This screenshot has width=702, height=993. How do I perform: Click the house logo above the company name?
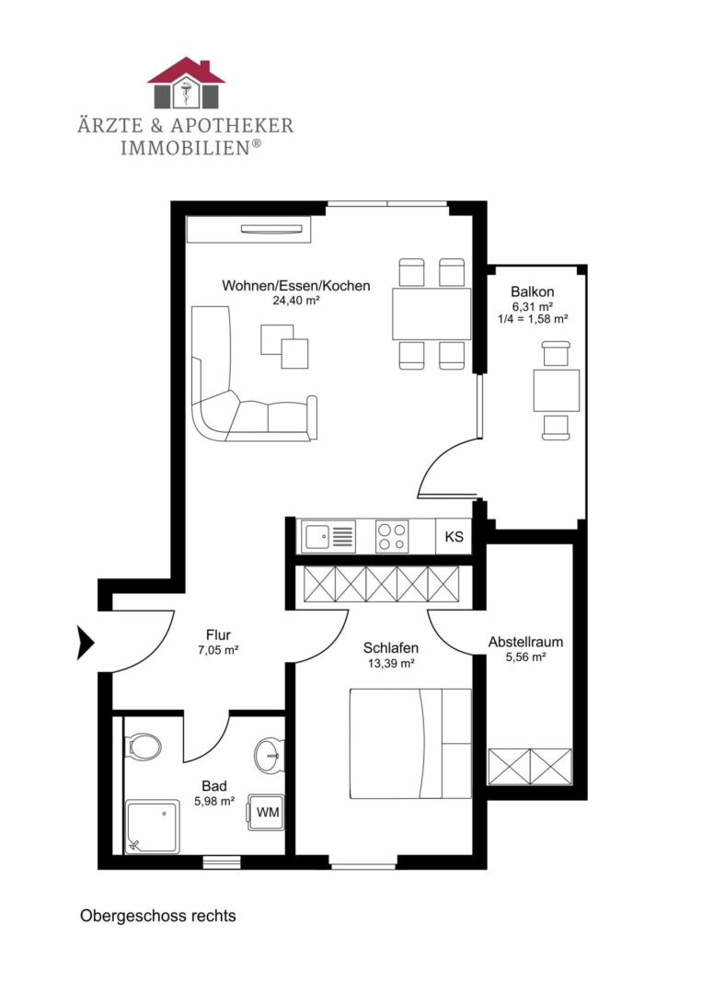(x=186, y=83)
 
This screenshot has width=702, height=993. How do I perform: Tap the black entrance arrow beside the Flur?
(x=86, y=643)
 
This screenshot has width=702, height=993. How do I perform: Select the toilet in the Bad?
(x=144, y=746)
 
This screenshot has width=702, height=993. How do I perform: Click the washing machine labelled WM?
(x=266, y=812)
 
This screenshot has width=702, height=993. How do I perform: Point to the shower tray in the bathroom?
(x=153, y=827)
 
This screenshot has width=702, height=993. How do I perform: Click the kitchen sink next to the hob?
(x=328, y=537)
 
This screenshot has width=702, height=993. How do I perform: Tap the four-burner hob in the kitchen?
(x=392, y=536)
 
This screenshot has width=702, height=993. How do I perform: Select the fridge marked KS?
(x=455, y=536)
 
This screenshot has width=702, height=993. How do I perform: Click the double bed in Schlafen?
(x=410, y=744)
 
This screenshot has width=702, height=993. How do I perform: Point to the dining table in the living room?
(x=432, y=314)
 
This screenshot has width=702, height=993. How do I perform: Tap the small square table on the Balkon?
(x=557, y=391)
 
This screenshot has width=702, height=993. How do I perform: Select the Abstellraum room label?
(x=525, y=642)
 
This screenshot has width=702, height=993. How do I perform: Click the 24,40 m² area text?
(x=296, y=301)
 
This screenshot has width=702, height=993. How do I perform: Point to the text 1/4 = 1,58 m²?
(x=532, y=318)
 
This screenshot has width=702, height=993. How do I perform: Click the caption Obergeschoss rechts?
(x=157, y=917)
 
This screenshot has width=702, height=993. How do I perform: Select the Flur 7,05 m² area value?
(x=218, y=649)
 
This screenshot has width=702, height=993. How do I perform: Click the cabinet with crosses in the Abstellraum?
(x=530, y=767)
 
